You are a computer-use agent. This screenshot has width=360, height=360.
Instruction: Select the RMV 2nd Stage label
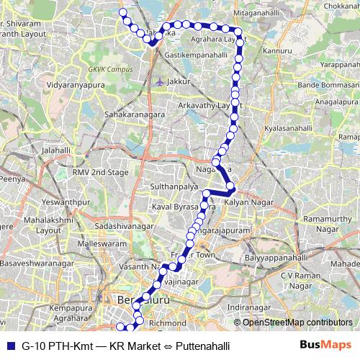[100, 173]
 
